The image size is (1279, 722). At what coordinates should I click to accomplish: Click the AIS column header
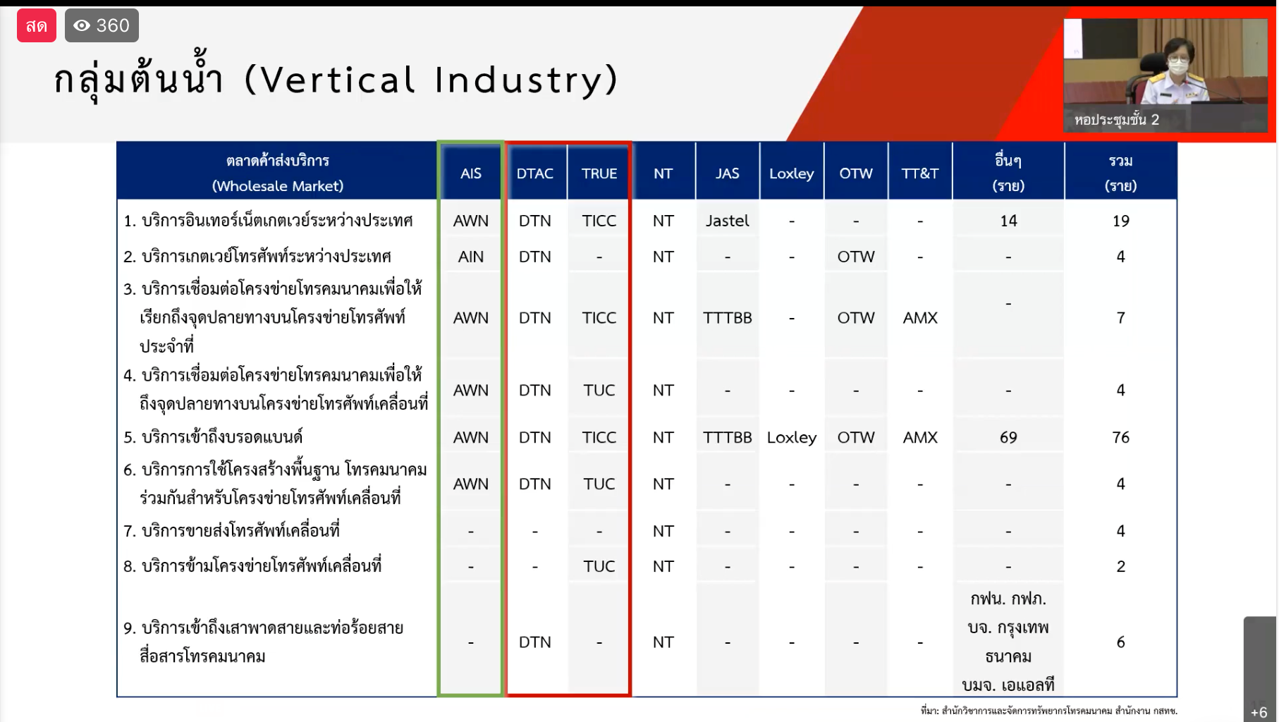click(470, 173)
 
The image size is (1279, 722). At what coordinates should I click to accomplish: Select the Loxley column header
click(791, 173)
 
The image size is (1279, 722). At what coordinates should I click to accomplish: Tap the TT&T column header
click(919, 173)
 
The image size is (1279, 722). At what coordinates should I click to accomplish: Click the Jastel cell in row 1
click(727, 221)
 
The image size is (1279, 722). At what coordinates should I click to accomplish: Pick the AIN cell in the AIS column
click(470, 257)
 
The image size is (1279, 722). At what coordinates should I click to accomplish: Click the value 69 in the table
click(1008, 437)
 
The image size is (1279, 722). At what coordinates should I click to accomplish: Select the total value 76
click(1120, 437)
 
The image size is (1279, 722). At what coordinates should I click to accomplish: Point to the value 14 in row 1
click(1008, 221)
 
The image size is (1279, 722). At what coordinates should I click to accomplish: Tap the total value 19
click(1120, 221)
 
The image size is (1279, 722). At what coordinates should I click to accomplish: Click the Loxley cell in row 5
click(791, 437)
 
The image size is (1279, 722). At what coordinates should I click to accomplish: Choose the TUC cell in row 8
click(599, 566)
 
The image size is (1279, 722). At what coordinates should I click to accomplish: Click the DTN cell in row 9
click(534, 642)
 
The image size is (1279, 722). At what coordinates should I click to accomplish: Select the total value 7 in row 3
click(1120, 318)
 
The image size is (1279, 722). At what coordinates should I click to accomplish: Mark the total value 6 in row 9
click(1120, 642)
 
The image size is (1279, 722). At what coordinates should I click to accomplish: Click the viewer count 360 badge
click(102, 25)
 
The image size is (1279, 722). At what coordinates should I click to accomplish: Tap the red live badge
click(37, 25)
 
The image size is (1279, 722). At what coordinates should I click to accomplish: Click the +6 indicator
click(1259, 712)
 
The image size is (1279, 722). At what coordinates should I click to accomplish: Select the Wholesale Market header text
click(278, 186)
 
